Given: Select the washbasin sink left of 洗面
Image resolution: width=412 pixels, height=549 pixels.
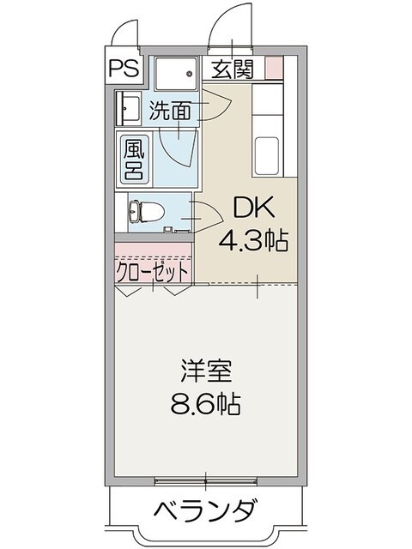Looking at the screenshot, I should (129, 110).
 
